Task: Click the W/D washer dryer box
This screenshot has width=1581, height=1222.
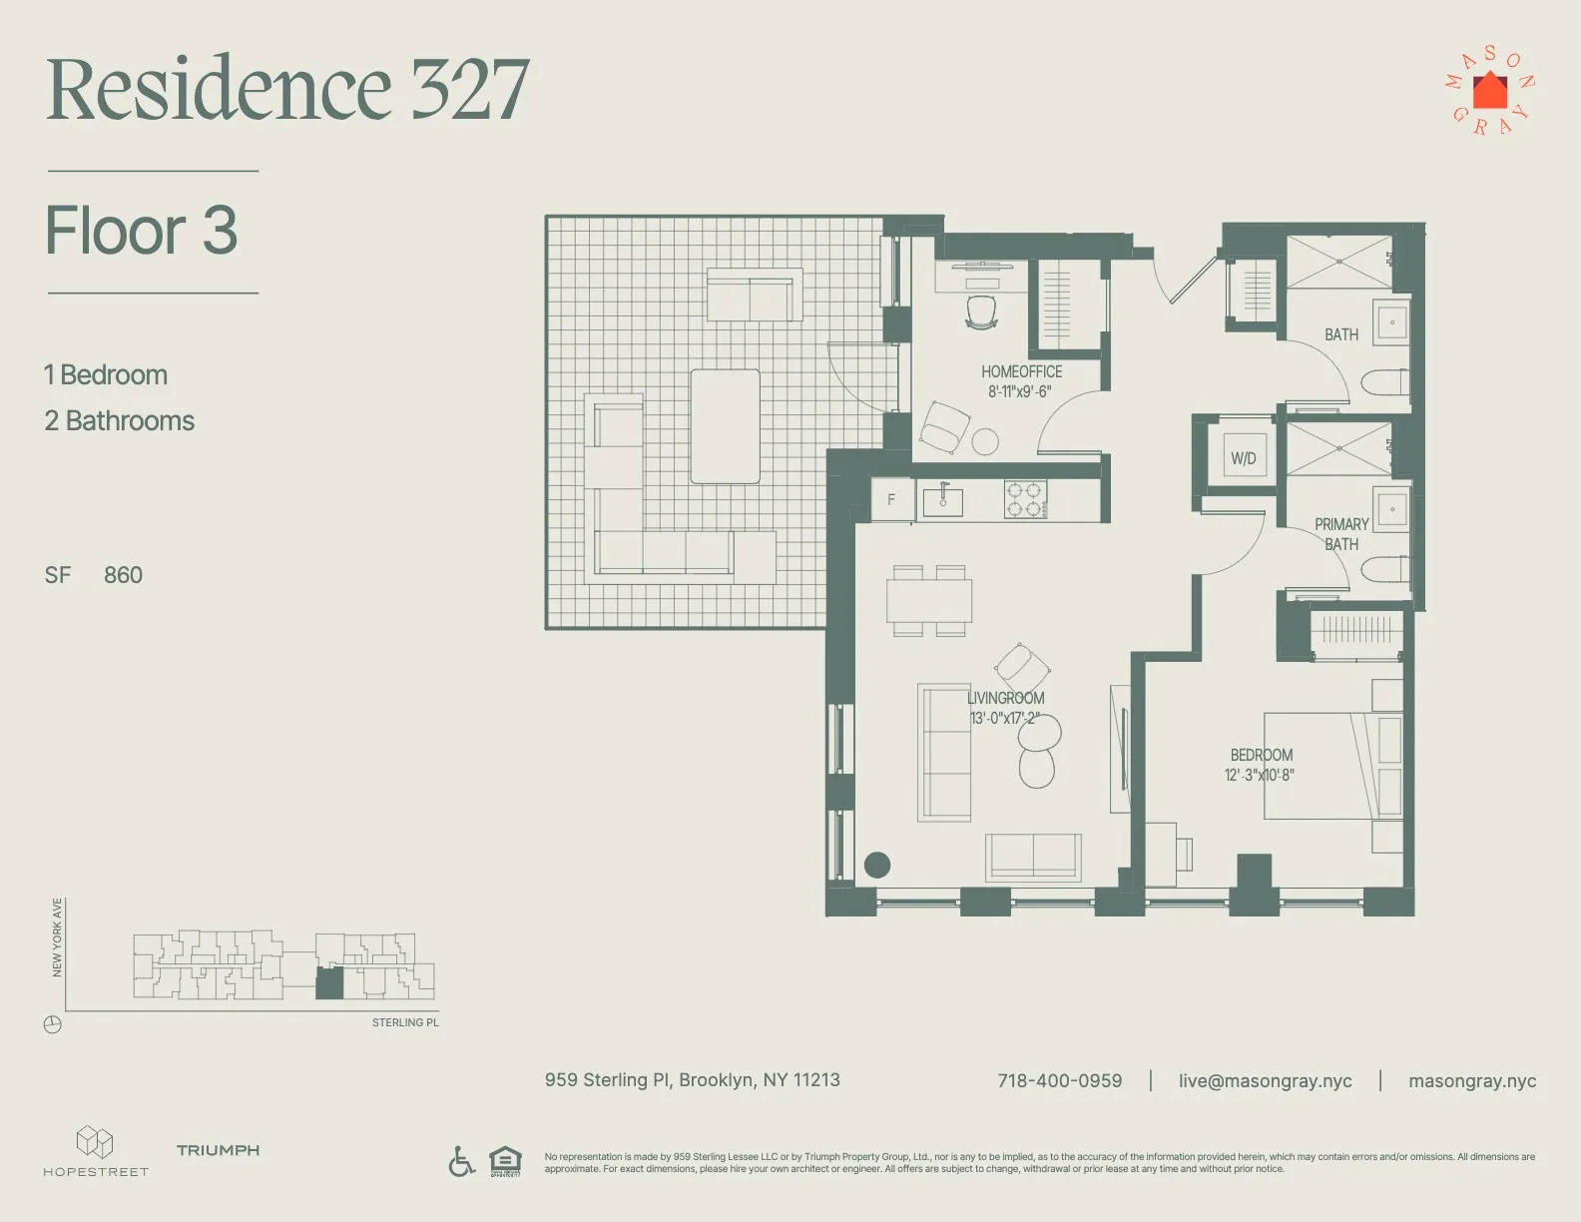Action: tap(1244, 457)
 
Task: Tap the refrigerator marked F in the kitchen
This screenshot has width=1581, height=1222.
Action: tap(891, 500)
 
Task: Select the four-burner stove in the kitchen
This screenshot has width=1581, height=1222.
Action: tap(1025, 499)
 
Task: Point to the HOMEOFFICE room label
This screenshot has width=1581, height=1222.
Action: tap(1021, 371)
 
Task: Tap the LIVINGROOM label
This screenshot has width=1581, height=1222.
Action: tap(1006, 698)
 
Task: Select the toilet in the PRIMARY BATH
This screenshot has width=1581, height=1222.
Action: tap(1384, 570)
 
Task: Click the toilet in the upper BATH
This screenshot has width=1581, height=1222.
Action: tap(1384, 382)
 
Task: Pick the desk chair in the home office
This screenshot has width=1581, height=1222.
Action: tap(981, 310)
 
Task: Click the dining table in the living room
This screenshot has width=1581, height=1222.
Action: tap(929, 601)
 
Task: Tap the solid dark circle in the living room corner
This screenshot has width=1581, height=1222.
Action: tap(876, 865)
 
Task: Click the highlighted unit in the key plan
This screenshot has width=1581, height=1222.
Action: tap(329, 984)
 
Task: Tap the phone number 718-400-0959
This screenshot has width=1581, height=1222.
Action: tap(1059, 1080)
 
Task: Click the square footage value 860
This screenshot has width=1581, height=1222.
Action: tap(123, 575)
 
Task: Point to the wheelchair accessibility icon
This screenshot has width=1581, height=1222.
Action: tap(461, 1161)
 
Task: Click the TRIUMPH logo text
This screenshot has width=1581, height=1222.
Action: tap(218, 1150)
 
